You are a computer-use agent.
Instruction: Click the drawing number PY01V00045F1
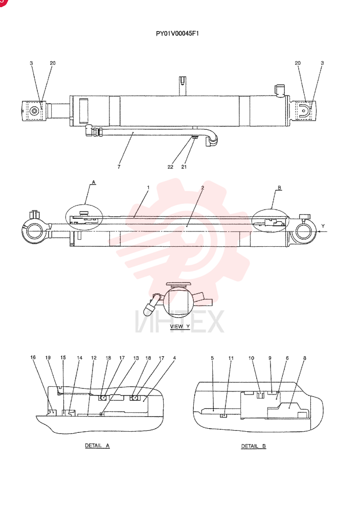177,33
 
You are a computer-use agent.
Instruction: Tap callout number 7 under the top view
119,167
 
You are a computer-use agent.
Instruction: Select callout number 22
170,167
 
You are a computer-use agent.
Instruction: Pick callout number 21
184,167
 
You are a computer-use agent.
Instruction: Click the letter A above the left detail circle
94,182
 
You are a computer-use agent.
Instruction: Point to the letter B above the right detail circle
279,188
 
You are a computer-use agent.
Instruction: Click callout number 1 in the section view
148,188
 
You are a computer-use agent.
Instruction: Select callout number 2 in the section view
202,188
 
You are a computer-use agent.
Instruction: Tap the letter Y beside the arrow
323,226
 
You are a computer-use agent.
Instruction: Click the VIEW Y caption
179,327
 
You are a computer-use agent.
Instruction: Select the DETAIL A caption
97,446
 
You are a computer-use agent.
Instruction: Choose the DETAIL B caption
253,446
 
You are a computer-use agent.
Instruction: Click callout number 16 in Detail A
33,358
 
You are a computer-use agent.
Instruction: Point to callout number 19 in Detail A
48,358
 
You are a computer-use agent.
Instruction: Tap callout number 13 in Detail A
136,358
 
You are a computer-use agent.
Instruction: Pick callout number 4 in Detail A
174,358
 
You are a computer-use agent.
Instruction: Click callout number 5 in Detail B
212,358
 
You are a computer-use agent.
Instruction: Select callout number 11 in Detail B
231,358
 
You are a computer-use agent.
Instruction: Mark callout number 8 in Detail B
305,358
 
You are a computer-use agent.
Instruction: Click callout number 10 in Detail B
251,358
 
